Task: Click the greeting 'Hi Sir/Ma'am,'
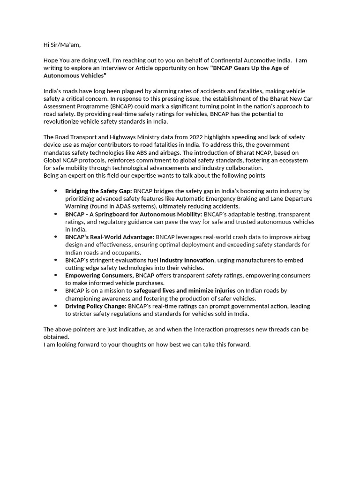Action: click(62, 45)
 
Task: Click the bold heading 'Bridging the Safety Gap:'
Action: click(98, 191)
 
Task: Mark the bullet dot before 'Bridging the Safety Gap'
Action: click(56, 191)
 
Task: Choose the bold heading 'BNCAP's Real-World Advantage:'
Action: click(109, 237)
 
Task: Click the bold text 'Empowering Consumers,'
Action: click(99, 275)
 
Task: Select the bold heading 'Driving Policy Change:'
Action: click(96, 306)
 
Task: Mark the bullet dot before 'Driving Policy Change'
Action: click(56, 306)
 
